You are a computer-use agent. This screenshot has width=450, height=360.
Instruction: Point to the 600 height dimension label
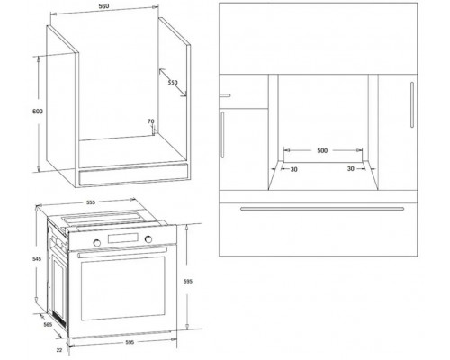38,112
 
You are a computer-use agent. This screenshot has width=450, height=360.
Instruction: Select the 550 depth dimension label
173,83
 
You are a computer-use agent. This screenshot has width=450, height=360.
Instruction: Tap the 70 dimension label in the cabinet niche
151,121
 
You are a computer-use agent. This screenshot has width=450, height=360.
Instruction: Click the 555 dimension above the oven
91,202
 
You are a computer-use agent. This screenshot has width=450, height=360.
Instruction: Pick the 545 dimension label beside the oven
37,259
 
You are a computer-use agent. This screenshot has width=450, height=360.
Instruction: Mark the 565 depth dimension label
48,324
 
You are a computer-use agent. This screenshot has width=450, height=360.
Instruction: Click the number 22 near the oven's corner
59,350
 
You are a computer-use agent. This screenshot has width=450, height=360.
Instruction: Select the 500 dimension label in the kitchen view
322,150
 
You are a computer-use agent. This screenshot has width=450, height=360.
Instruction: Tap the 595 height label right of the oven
188,282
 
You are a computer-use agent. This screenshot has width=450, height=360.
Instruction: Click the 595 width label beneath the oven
130,342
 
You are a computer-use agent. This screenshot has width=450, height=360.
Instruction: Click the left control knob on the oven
97,243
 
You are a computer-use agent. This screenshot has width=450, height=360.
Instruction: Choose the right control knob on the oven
148,239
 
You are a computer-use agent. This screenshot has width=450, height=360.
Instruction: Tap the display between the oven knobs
122,238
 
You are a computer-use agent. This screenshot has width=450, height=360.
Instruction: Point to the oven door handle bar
121,253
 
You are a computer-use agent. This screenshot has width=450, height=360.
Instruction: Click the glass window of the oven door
123,288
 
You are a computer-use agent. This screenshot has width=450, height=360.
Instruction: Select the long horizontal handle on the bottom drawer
322,209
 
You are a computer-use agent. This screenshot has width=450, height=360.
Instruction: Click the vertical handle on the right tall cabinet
412,104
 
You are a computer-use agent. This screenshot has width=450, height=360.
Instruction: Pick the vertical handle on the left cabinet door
222,135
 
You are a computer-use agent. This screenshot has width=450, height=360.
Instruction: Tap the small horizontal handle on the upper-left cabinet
225,95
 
